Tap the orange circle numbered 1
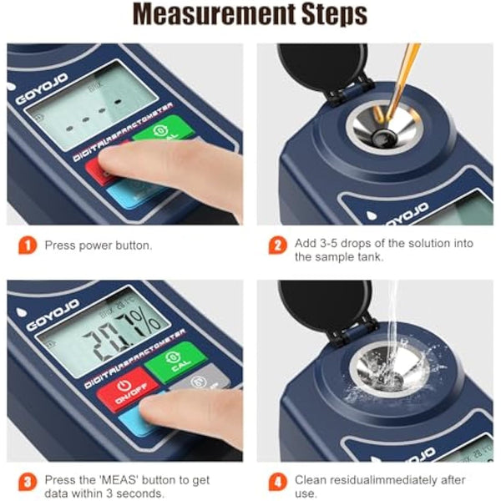coord(28,245)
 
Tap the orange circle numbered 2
coord(276,245)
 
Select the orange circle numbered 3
coord(28,481)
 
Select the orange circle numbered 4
coord(276,481)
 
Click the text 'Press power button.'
coord(99,245)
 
